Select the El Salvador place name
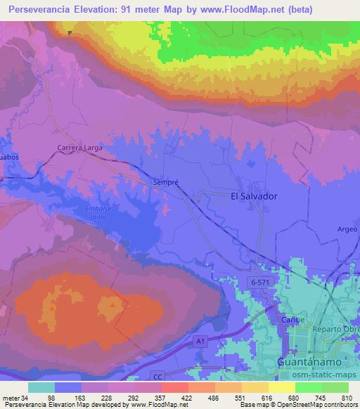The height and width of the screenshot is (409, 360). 255,197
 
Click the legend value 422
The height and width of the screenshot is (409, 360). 174,397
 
